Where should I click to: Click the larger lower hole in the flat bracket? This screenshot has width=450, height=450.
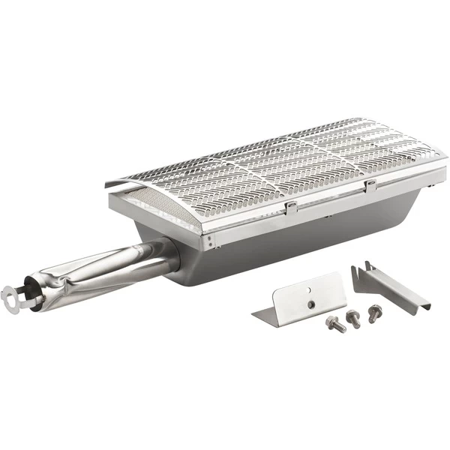point(310,304)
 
